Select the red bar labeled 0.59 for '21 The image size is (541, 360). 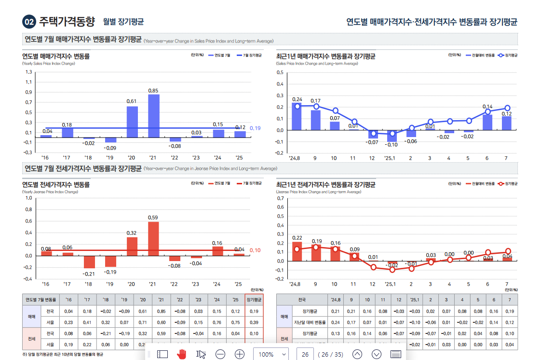tap(153, 238)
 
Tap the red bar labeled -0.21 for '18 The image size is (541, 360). tap(89, 262)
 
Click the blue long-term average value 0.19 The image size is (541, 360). tap(255, 128)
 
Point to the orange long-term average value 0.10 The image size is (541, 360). tap(255, 250)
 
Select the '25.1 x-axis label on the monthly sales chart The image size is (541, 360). tap(391, 158)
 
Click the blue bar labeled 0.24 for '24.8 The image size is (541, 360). tap(297, 116)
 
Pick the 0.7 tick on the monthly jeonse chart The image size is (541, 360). tap(280, 198)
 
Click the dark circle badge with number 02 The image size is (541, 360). tap(29, 22)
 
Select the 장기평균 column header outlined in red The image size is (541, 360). tap(254, 300)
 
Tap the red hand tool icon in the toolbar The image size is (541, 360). tap(181, 354)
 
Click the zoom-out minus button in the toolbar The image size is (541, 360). tap(220, 354)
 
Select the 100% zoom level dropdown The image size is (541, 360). tap(270, 354)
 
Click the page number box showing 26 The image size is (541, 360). tap(305, 354)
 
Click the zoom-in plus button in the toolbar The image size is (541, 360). tap(240, 354)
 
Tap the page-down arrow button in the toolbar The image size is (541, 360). tap(377, 354)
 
